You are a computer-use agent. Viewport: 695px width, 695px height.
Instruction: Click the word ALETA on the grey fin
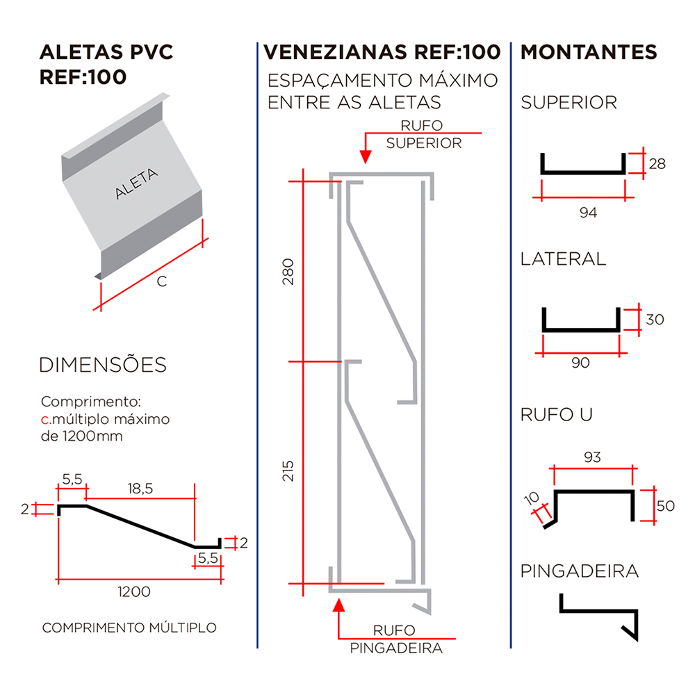[137, 183]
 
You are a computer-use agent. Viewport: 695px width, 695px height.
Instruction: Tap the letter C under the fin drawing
[161, 281]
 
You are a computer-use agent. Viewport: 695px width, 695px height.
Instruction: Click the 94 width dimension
[588, 213]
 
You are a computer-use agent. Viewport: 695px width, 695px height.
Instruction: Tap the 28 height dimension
[657, 164]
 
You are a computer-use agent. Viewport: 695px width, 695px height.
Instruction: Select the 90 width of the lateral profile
[580, 363]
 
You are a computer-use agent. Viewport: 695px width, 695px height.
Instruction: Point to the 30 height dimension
[655, 320]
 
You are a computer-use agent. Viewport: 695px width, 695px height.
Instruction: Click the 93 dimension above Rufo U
[592, 457]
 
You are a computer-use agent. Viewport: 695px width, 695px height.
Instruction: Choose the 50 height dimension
[665, 505]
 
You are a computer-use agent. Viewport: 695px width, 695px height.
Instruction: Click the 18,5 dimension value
[140, 489]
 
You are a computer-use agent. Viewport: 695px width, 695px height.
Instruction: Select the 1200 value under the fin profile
[133, 591]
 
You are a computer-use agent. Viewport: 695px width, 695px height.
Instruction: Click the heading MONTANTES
[589, 52]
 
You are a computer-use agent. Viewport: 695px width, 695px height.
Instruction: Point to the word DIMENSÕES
[103, 364]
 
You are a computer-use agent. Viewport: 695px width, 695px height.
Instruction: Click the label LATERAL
[563, 259]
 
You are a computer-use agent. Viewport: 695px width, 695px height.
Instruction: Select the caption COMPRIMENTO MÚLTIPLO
[129, 628]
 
